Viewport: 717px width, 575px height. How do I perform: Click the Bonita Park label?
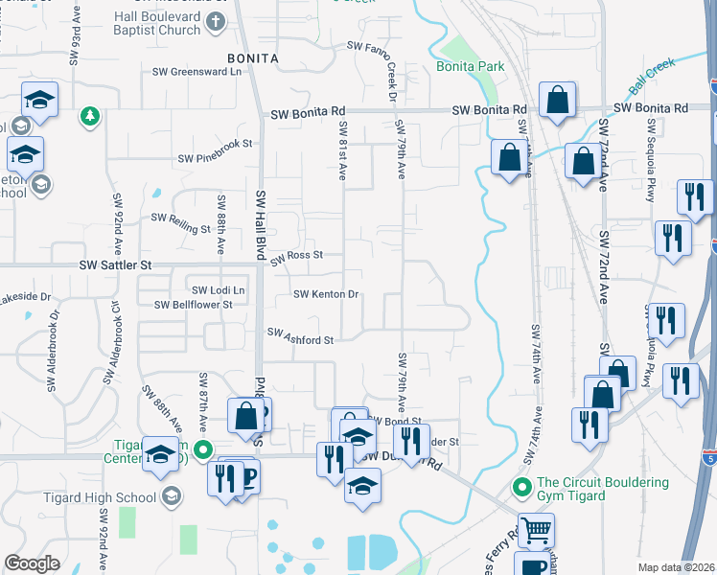470,66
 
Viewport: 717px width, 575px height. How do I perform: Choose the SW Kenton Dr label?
326,294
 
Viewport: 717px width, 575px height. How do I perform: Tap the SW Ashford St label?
301,336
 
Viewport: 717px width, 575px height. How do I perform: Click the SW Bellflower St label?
194,305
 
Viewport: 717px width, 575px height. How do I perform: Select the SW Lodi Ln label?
219,289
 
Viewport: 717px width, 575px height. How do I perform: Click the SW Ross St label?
296,257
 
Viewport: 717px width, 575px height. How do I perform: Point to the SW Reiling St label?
181,223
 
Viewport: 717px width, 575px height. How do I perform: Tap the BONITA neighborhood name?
252,58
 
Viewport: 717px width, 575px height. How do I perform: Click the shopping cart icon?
537,529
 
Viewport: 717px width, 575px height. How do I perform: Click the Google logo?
33,563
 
